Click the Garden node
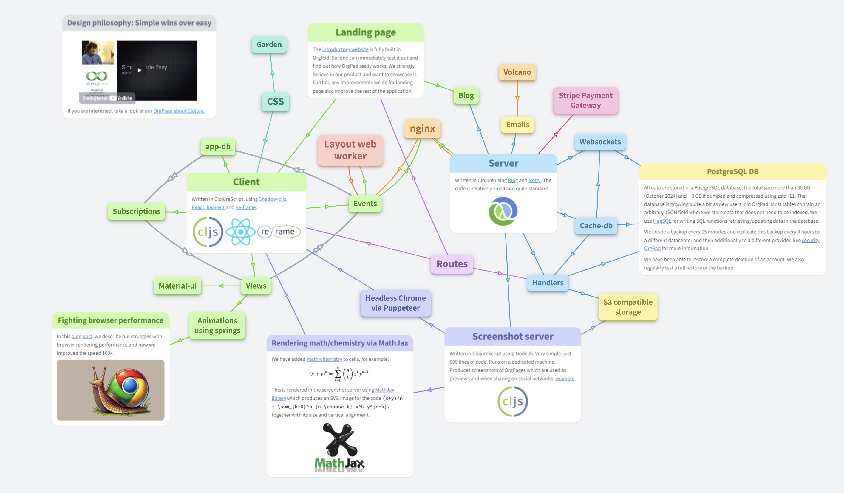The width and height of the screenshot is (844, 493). tap(269, 44)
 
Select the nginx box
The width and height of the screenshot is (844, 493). tap(422, 128)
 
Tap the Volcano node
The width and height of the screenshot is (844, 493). tap(517, 72)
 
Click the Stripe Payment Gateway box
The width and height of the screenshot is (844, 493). tap(585, 100)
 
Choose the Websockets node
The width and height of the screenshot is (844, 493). tap(600, 142)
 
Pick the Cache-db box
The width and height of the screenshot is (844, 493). tap(596, 226)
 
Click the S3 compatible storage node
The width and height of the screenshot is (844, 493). tap(628, 307)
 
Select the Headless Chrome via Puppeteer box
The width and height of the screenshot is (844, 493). tap(395, 303)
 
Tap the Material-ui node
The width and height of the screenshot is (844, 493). tap(177, 286)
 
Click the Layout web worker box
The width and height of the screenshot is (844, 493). tap(350, 150)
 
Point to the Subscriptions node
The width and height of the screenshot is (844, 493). tap(136, 211)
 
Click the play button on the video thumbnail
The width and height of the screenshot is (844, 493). tap(140, 70)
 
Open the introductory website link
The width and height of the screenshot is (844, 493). tap(345, 49)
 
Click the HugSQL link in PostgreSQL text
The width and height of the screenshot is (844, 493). tap(661, 221)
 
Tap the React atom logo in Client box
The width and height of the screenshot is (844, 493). tap(240, 232)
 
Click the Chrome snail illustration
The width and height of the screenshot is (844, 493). tap(111, 390)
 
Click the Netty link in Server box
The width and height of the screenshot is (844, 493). tap(534, 180)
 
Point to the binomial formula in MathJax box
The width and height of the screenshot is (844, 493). tap(339, 373)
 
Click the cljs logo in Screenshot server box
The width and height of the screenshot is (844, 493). tap(512, 401)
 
